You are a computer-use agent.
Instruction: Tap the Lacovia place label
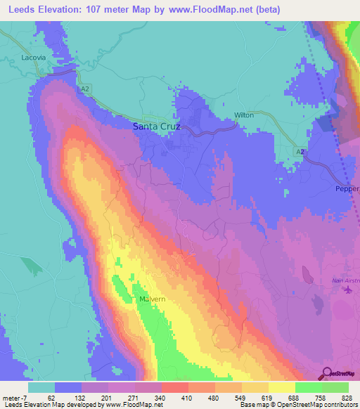click(x=34, y=58)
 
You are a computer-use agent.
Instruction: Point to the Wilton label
click(x=243, y=115)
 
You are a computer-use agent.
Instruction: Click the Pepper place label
click(x=347, y=189)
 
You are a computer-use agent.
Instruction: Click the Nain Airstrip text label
click(x=345, y=282)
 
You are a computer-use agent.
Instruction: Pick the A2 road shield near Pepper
click(x=300, y=151)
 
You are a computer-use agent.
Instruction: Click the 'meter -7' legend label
click(x=15, y=397)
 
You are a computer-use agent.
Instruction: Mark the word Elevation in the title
click(x=66, y=10)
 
